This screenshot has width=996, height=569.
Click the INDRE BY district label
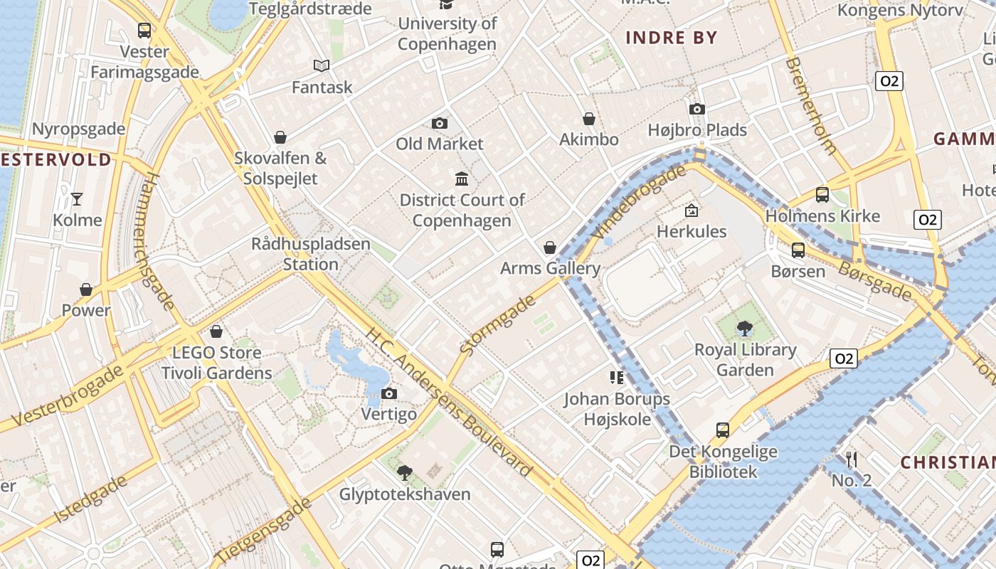tap(671, 38)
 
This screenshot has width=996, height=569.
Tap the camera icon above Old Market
tap(440, 123)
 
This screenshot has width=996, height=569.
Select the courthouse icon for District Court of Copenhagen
tap(461, 179)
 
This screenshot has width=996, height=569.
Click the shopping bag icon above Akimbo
tap(589, 119)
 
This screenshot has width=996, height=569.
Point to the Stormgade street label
tap(498, 325)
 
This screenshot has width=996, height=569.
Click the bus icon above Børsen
tap(798, 250)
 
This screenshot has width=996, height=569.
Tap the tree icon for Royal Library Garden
tap(745, 328)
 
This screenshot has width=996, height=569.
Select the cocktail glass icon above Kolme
tap(77, 198)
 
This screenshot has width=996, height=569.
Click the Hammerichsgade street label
tap(157, 242)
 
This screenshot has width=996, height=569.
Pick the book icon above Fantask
tap(322, 66)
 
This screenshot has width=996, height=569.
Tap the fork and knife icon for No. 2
tap(851, 459)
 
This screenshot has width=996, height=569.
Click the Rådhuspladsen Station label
tap(311, 254)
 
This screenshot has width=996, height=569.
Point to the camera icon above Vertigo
tap(388, 393)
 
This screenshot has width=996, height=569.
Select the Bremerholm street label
tap(810, 106)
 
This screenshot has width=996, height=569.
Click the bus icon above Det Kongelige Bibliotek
tap(723, 430)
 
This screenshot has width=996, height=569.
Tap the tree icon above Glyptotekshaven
tap(405, 472)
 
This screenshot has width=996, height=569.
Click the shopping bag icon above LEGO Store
tap(216, 331)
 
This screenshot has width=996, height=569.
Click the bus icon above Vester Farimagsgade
tap(144, 31)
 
